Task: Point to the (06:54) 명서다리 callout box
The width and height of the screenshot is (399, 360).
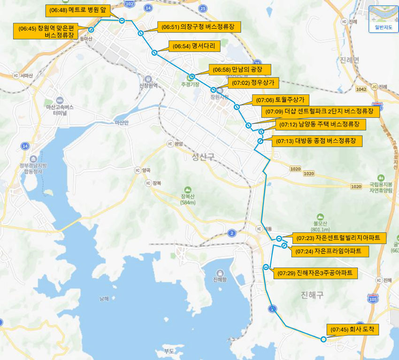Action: point(193,46)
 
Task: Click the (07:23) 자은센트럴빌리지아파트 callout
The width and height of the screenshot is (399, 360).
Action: point(338,238)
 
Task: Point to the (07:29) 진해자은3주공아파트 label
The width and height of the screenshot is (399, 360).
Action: point(315,273)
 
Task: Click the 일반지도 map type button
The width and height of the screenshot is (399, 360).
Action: point(383,20)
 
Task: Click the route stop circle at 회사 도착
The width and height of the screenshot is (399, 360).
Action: point(323,339)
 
